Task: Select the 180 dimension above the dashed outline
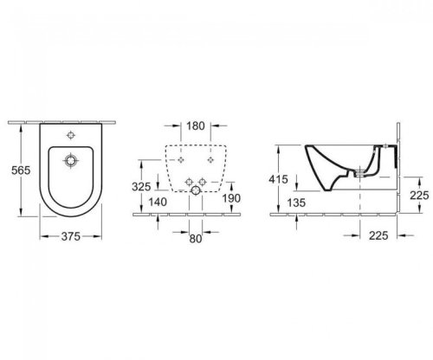[196, 126]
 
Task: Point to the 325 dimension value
[143, 186]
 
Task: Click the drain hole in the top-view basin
[72, 161]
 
